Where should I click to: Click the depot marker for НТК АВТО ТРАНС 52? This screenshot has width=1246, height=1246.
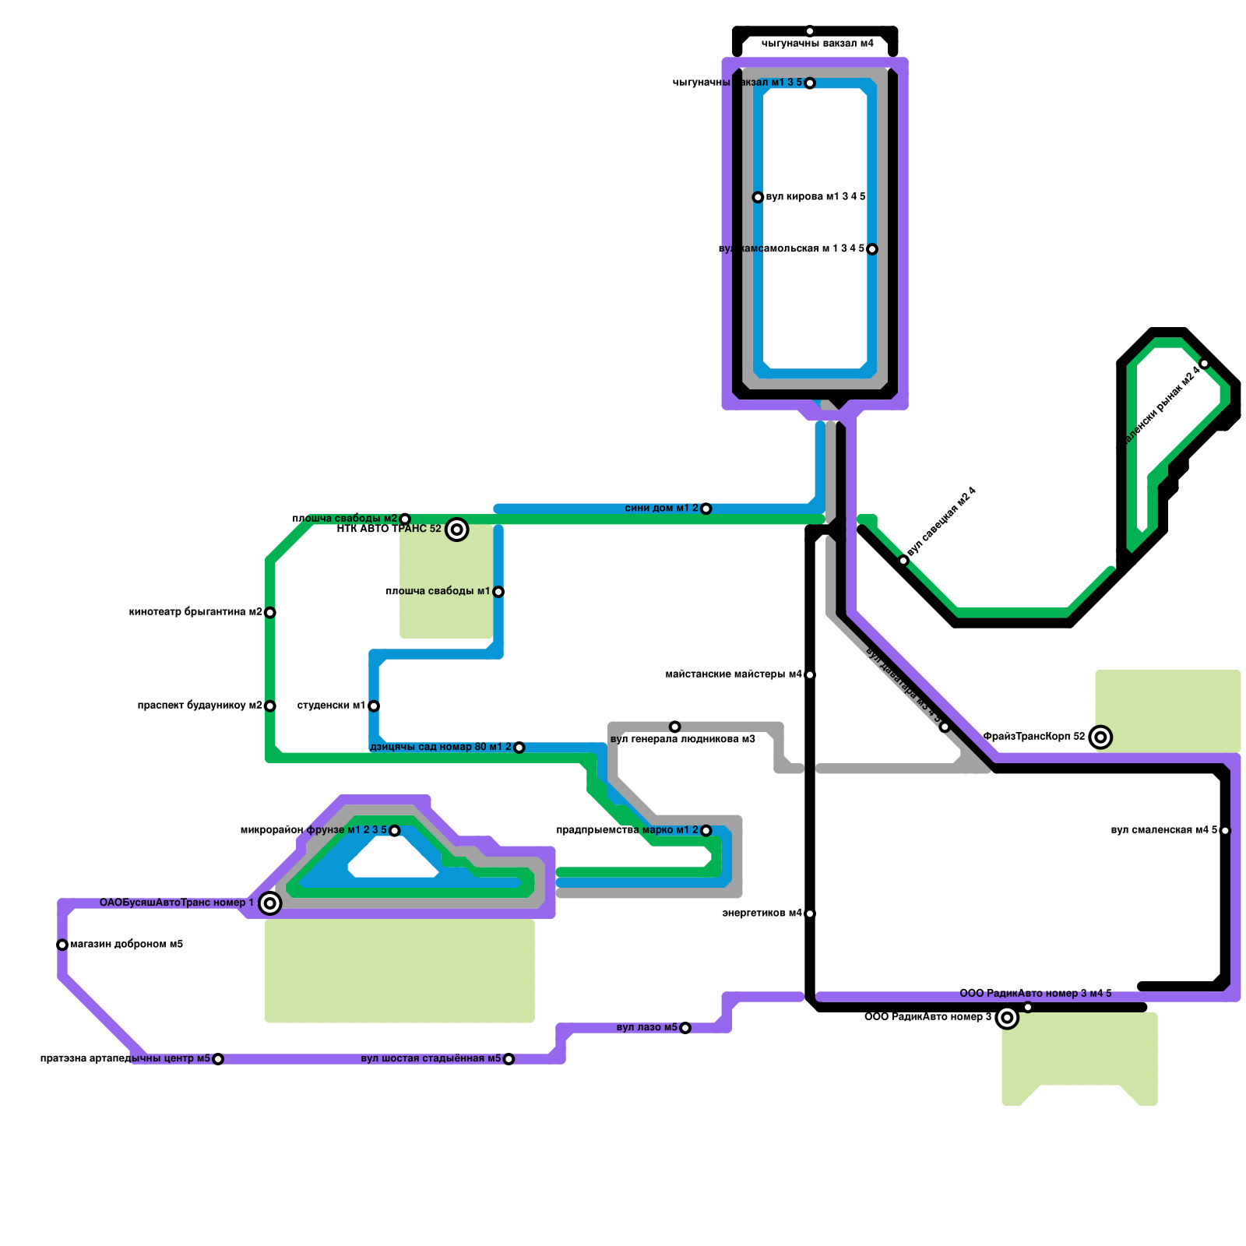457,530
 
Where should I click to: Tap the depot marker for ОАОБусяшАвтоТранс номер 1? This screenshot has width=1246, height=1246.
270,903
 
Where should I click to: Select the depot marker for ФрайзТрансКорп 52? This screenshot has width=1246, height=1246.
1100,737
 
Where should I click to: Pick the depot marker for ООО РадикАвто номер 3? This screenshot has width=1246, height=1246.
1007,1018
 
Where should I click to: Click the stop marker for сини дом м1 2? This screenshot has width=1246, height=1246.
706,509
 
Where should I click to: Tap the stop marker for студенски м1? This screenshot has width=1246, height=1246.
374,706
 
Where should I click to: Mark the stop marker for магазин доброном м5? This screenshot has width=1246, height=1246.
62,945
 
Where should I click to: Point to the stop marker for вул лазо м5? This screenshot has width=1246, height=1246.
685,1029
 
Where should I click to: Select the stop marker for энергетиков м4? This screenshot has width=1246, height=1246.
810,913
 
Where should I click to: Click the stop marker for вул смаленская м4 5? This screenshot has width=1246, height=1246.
1225,831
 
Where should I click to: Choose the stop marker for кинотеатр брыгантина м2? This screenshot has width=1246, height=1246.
270,613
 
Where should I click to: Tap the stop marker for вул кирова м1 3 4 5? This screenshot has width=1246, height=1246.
758,198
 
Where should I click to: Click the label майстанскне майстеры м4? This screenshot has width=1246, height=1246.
733,674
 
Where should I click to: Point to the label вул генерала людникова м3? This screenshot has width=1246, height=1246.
683,739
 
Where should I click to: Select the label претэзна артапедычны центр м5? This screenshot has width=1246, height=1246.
125,1059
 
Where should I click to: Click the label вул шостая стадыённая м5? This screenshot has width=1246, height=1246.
431,1059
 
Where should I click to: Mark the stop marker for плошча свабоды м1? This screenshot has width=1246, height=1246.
498,592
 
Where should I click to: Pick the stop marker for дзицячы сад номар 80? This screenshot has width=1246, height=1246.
519,748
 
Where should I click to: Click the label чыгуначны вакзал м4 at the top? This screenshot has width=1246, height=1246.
817,44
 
